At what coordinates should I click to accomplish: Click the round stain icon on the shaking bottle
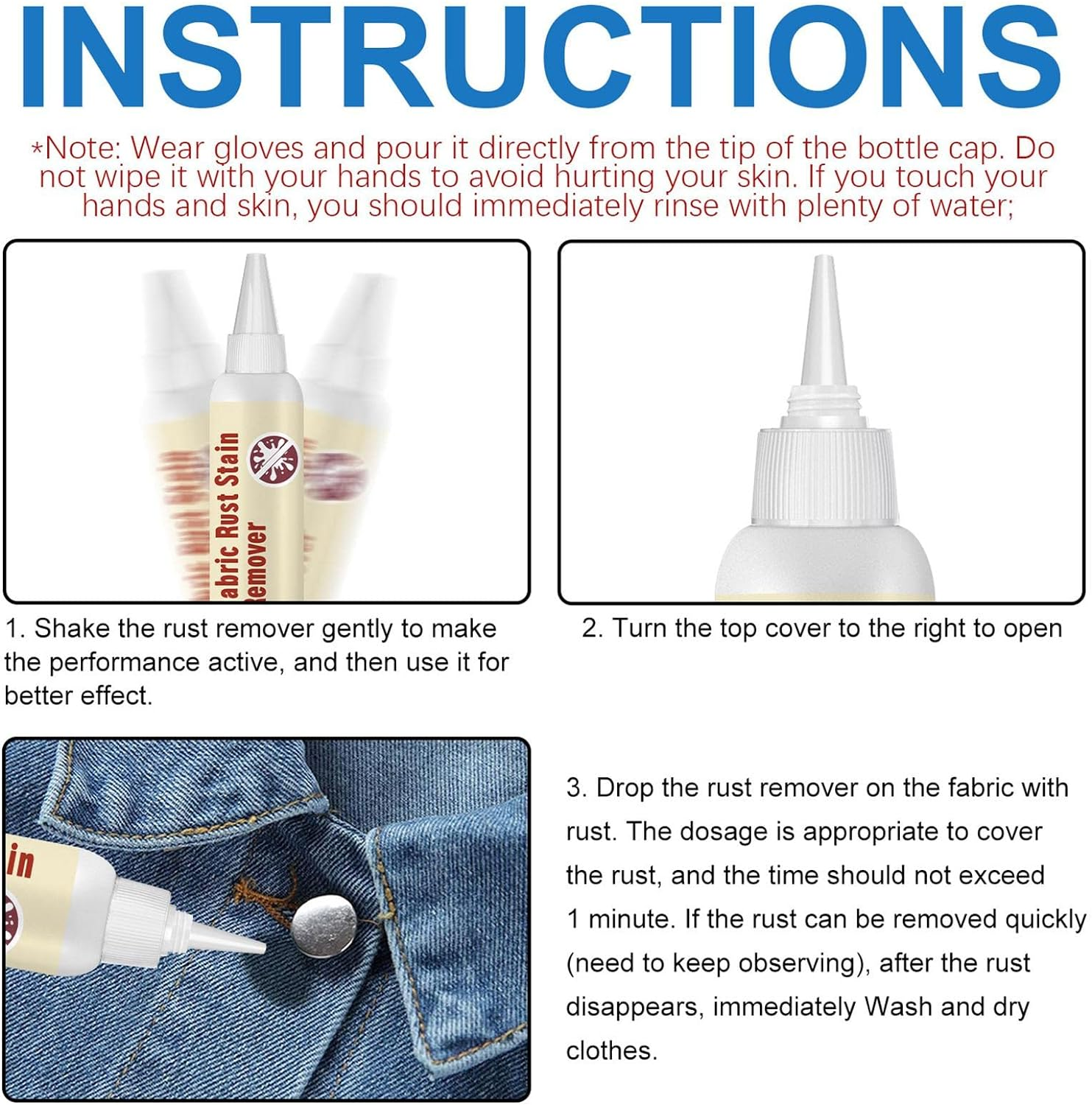point(272,457)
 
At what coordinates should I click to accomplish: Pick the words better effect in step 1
point(78,695)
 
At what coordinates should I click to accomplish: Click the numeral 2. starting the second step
point(592,628)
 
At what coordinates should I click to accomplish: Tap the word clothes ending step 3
point(611,1050)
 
